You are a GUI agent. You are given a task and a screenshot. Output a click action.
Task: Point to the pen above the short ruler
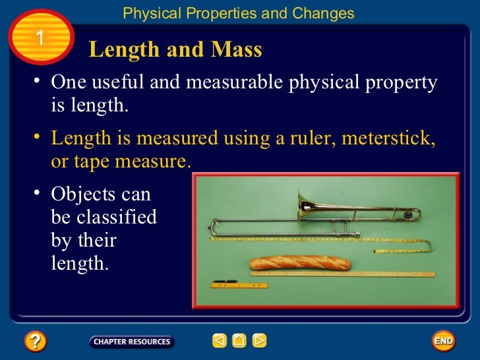pos(226,281)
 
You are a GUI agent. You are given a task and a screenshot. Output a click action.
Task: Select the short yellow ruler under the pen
pos(239,285)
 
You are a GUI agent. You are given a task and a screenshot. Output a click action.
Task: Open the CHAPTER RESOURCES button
pos(132,342)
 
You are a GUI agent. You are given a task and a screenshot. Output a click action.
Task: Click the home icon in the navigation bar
pos(239,341)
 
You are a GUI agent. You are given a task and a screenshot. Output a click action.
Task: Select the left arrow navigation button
pos(219,341)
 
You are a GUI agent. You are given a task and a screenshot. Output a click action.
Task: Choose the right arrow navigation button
pos(260,341)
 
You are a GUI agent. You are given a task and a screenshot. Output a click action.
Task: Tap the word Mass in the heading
pos(237,49)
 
